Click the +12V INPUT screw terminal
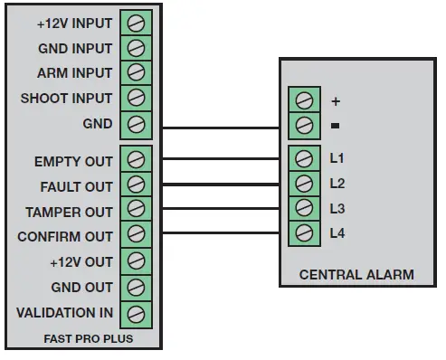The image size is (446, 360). [135, 23]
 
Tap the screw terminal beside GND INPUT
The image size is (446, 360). [135, 48]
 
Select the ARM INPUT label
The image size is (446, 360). [75, 73]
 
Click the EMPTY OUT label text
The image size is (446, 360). [73, 162]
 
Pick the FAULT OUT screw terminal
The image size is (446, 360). [135, 186]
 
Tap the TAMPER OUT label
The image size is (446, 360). [68, 212]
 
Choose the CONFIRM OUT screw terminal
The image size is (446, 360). [135, 237]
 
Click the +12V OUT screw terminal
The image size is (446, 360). [135, 262]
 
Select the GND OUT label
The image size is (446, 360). [82, 288]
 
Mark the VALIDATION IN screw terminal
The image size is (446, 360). [135, 313]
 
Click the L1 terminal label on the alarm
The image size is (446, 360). [337, 159]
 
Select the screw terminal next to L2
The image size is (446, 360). [304, 185]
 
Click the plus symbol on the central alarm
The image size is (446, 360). [336, 99]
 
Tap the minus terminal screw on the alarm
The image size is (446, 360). [304, 124]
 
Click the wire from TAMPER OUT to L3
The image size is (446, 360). [217, 210]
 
